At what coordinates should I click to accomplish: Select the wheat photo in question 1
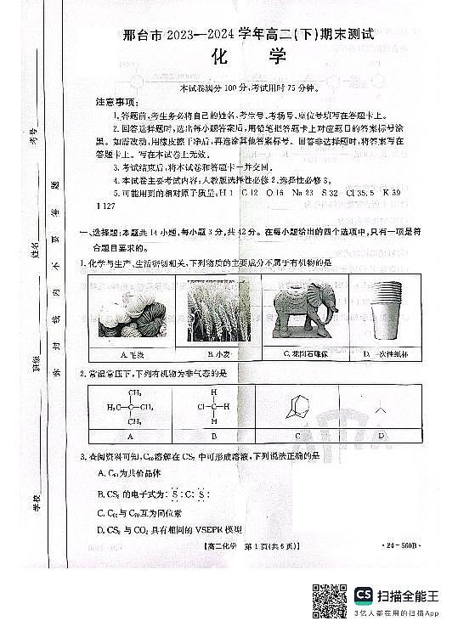pos(212,311)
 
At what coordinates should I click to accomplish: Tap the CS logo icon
pos(363,595)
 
